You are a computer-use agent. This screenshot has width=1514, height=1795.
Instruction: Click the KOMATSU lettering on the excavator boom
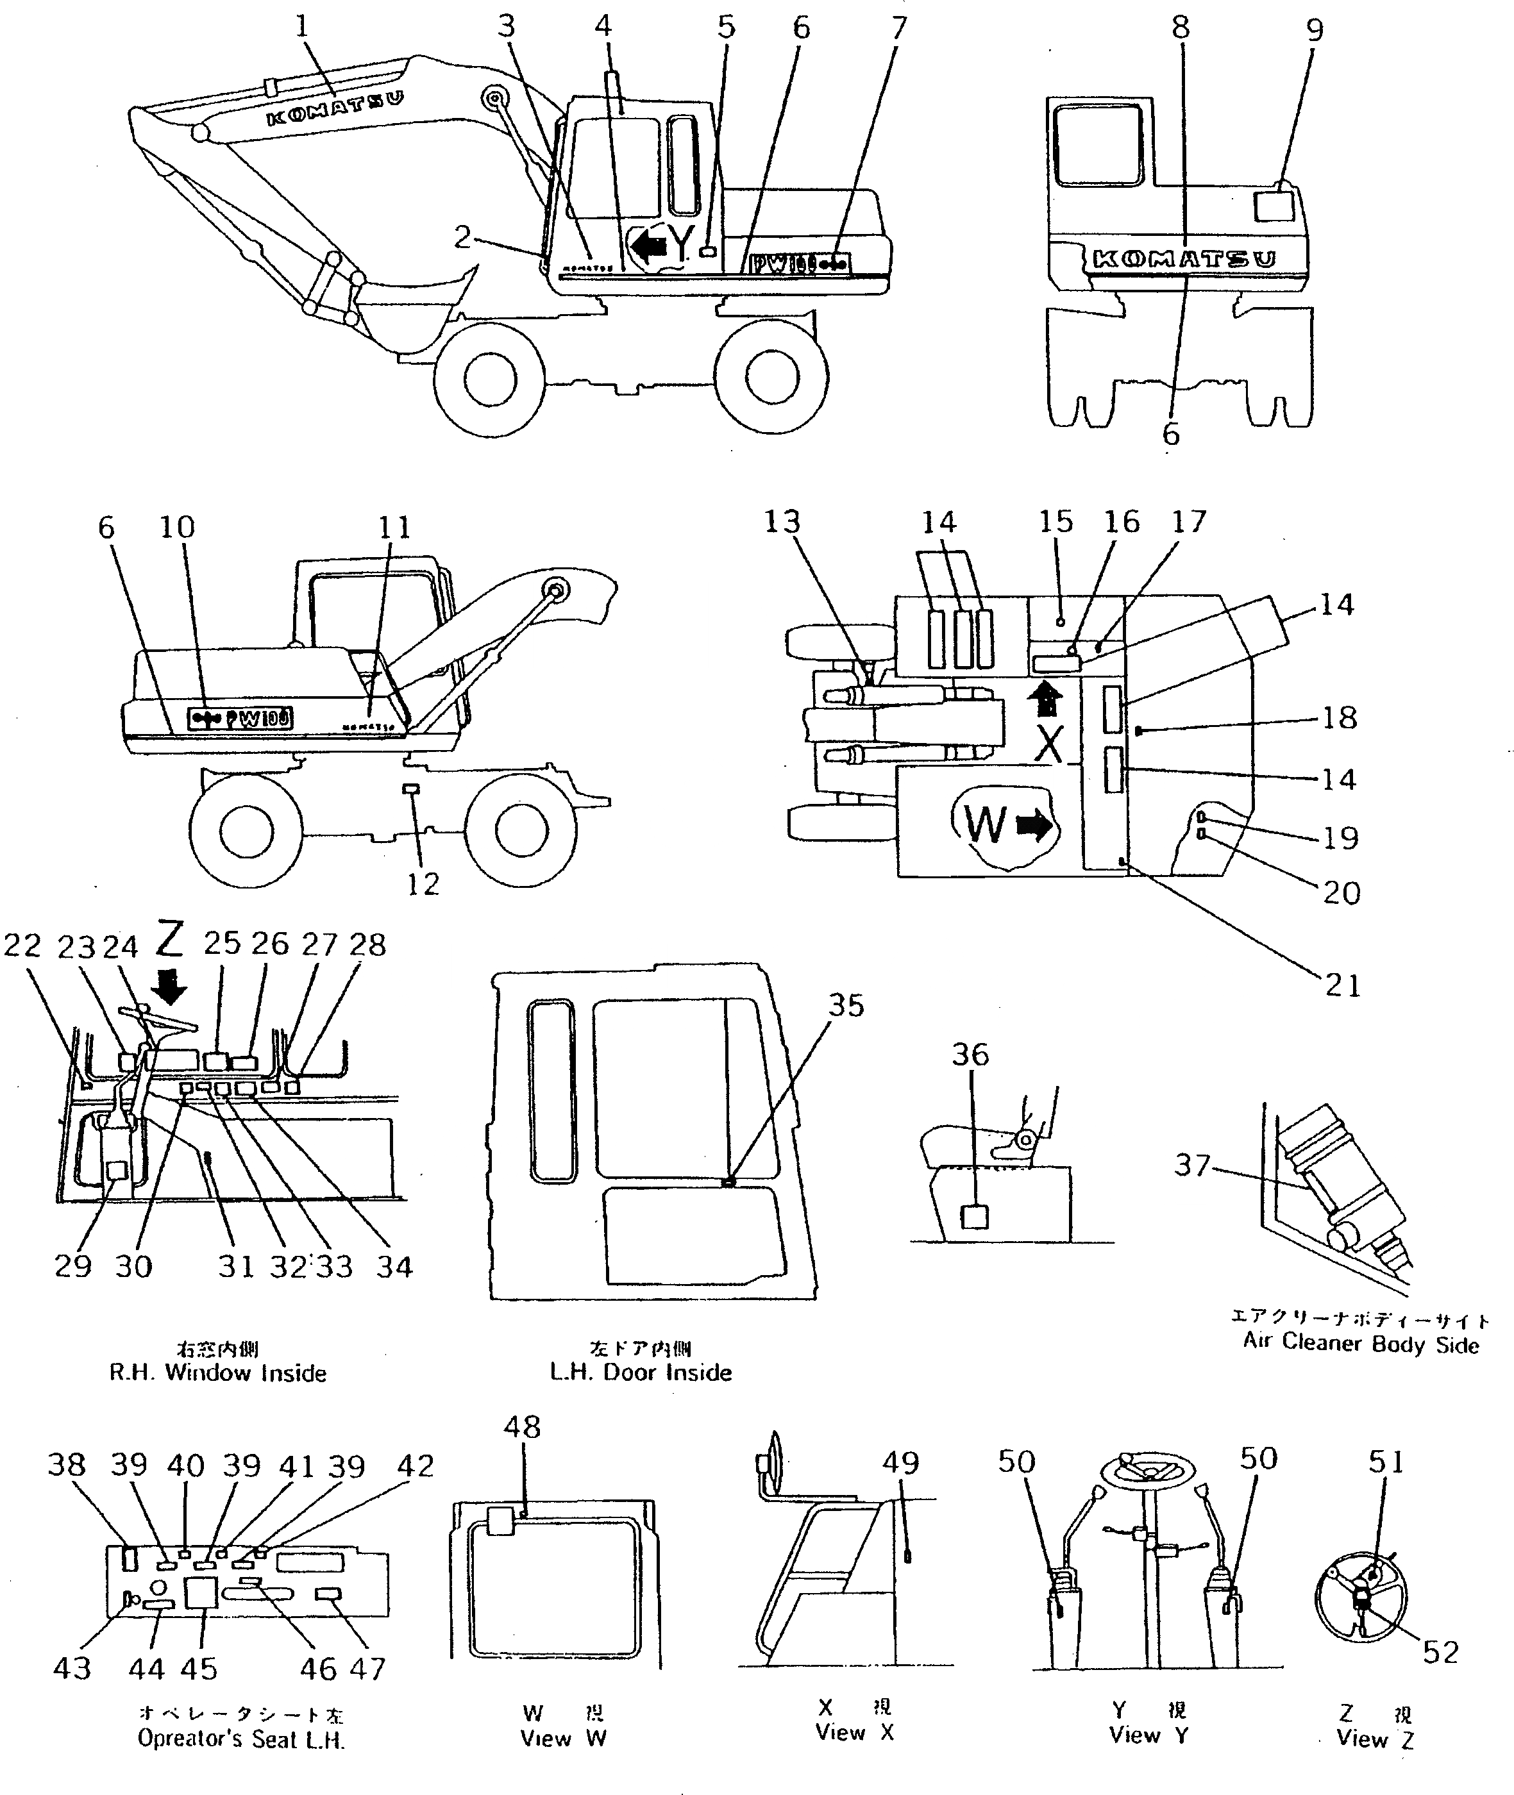click(335, 109)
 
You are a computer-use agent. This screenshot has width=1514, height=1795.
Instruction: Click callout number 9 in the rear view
click(1315, 31)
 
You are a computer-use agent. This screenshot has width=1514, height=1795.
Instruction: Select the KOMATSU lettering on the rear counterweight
click(1184, 259)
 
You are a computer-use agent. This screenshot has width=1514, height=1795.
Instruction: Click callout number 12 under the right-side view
click(423, 884)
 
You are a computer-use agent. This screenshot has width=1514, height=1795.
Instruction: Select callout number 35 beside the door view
click(845, 1006)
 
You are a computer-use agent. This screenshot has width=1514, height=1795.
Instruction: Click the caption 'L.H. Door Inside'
click(640, 1372)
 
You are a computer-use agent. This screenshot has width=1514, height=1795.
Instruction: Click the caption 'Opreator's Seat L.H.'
click(241, 1739)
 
